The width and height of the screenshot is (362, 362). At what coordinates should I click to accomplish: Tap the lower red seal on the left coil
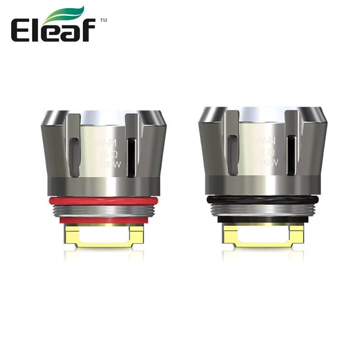point(103,220)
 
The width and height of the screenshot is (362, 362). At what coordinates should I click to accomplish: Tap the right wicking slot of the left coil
point(131,157)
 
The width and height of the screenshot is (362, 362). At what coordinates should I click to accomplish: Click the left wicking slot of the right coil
point(233,154)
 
